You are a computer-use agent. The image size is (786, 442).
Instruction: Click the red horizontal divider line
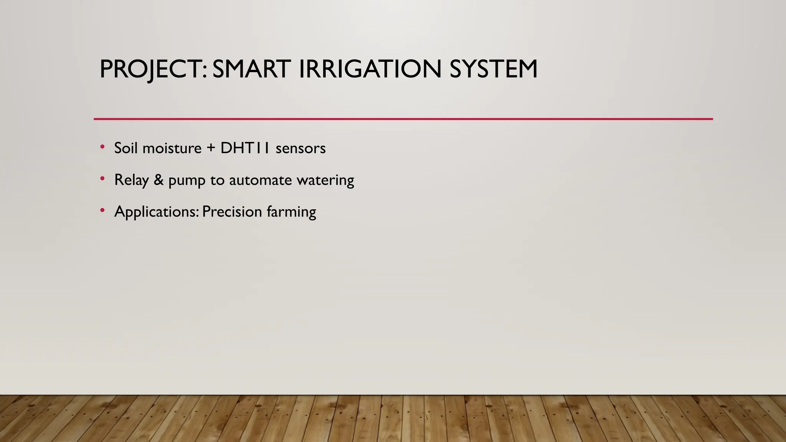(403, 119)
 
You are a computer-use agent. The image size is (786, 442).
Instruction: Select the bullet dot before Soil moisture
(102, 147)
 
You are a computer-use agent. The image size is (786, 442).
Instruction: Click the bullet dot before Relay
(102, 178)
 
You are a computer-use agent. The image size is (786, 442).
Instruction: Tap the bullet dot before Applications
(102, 210)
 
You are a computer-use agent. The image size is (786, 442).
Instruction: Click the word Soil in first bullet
(125, 148)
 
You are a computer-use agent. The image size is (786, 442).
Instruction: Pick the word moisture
(172, 148)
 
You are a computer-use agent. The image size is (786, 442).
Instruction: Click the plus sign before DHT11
(211, 148)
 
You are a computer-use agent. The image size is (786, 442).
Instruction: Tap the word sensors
(301, 148)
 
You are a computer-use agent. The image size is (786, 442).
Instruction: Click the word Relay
(131, 180)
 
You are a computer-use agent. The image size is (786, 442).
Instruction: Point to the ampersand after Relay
(159, 180)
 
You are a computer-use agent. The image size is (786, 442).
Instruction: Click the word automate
(260, 180)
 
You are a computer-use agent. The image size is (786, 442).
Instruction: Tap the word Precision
(232, 212)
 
